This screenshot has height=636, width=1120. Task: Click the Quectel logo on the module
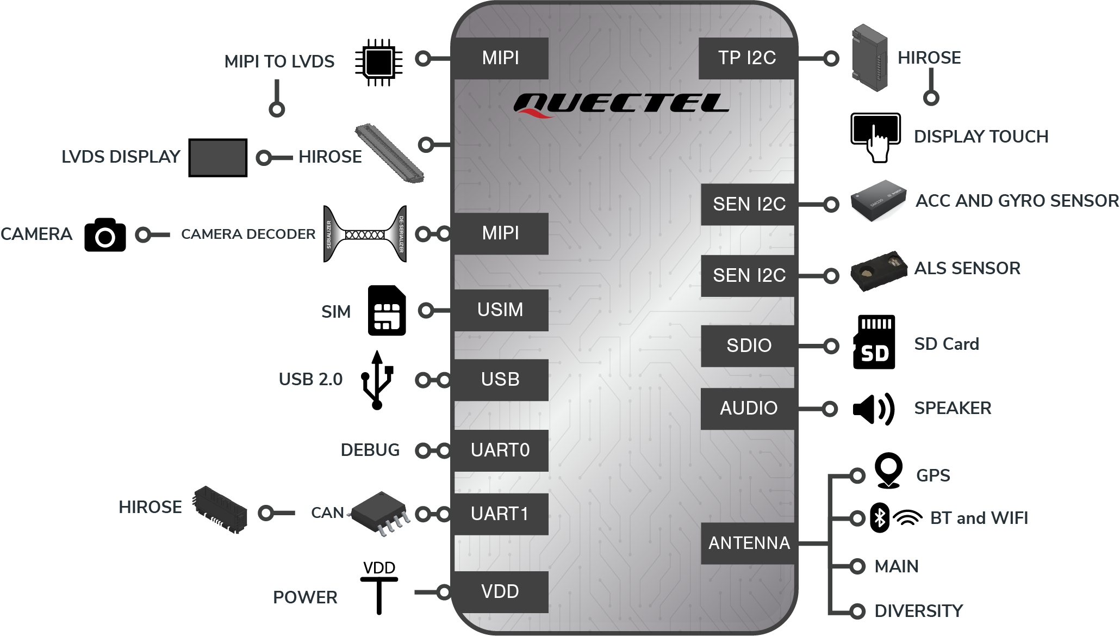[621, 104]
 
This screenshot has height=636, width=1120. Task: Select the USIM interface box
[501, 310]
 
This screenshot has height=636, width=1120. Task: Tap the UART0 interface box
[501, 450]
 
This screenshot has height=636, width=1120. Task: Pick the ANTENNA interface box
[749, 543]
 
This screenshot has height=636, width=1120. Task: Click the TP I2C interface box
[747, 58]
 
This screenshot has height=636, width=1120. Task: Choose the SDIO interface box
[749, 345]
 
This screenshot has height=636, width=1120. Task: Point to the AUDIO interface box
[749, 408]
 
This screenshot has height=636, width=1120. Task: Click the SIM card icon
[387, 310]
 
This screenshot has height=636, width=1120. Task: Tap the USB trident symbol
[377, 380]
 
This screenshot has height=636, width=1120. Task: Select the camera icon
[105, 234]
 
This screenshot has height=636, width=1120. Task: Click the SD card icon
[874, 342]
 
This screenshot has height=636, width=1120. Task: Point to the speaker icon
[873, 408]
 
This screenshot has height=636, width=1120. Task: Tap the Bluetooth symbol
[880, 517]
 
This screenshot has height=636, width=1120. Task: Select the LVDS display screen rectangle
[218, 158]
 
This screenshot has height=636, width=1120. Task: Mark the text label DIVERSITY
[918, 611]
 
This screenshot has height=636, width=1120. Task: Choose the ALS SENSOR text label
[967, 268]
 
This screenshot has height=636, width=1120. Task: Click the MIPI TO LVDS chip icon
[379, 62]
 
